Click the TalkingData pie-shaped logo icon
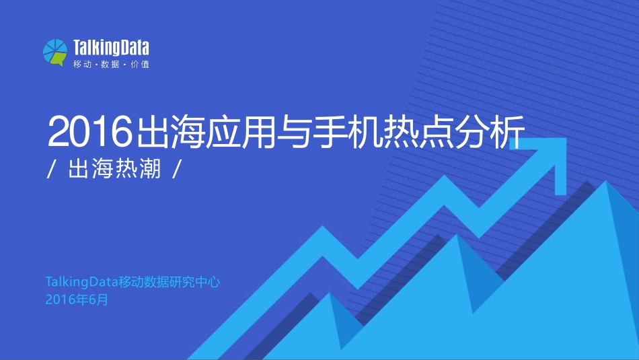pyautogui.click(x=55, y=52)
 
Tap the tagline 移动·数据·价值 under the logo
pyautogui.click(x=111, y=65)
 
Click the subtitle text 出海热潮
pyautogui.click(x=114, y=169)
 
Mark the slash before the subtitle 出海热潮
pyautogui.click(x=52, y=170)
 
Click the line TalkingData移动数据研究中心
pyautogui.click(x=133, y=282)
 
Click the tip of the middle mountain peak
pyautogui.click(x=457, y=235)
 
